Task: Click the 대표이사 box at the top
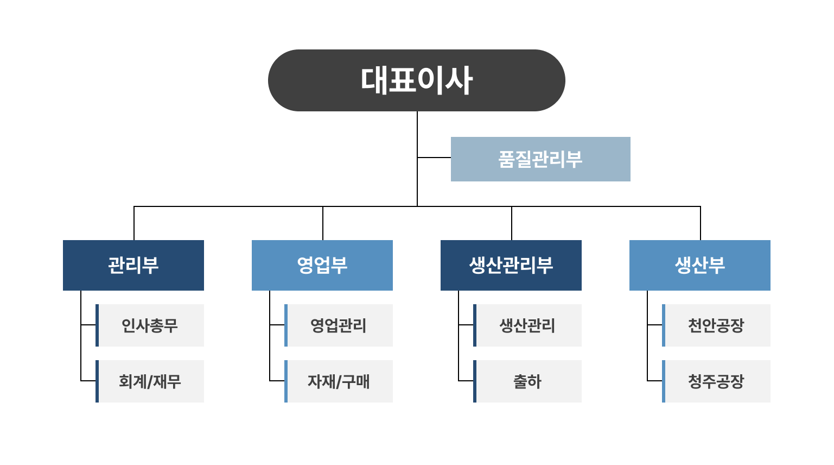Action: pyautogui.click(x=417, y=80)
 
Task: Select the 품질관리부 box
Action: pyautogui.click(x=540, y=159)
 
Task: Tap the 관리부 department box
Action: pyautogui.click(x=133, y=265)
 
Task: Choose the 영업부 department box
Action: pyautogui.click(x=322, y=265)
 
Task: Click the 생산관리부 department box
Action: pyautogui.click(x=511, y=265)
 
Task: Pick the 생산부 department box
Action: pyautogui.click(x=700, y=265)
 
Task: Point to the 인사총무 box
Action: pyautogui.click(x=150, y=325)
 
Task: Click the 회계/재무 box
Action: pyautogui.click(x=150, y=381)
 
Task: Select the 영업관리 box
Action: pyautogui.click(x=339, y=325)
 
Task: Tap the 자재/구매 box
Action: pyautogui.click(x=339, y=381)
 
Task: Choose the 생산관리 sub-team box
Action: pyautogui.click(x=527, y=325)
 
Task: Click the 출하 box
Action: pyautogui.click(x=527, y=381)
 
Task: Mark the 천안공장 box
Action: pyautogui.click(x=716, y=325)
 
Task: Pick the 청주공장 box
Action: pyautogui.click(x=716, y=381)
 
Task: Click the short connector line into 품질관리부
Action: pyautogui.click(x=434, y=158)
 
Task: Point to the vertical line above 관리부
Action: pyautogui.click(x=134, y=223)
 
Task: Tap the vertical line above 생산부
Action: pyautogui.click(x=701, y=223)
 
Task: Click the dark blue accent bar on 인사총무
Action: pyautogui.click(x=97, y=325)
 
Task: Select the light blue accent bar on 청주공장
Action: pyautogui.click(x=664, y=381)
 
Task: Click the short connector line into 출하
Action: pyautogui.click(x=466, y=381)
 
